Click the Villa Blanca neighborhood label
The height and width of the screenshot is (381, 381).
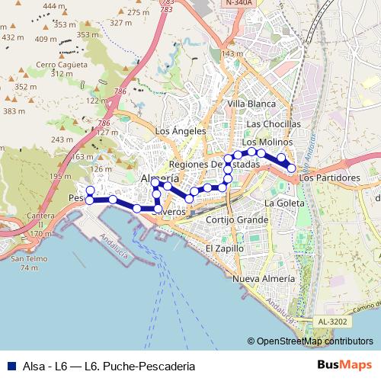click(x=251, y=103)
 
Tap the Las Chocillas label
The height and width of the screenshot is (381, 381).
click(x=274, y=123)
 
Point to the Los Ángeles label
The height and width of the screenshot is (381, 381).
click(x=181, y=130)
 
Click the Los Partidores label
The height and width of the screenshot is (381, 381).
click(x=329, y=178)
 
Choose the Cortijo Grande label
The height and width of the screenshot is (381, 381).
click(x=236, y=219)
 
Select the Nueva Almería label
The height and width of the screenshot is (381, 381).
click(x=263, y=279)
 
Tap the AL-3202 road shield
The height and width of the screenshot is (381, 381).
click(x=331, y=322)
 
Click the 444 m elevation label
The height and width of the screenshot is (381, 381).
click(x=53, y=5)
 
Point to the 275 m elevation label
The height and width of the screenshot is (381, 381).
click(x=139, y=12)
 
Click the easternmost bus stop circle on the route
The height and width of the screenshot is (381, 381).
click(x=291, y=168)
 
